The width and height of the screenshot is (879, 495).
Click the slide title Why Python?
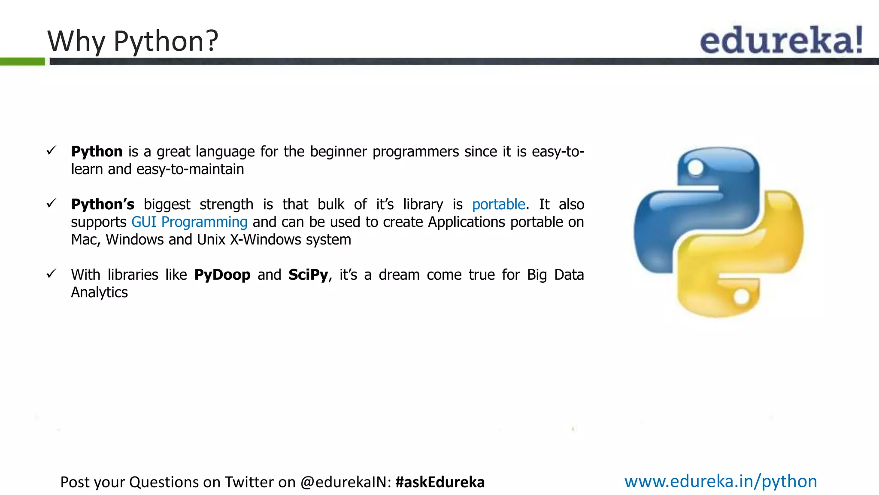pos(133,41)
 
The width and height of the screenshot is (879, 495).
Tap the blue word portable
pos(498,205)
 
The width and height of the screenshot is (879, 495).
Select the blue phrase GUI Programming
pos(189,222)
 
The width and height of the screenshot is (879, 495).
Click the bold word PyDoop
pos(222,275)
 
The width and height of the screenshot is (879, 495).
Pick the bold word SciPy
pos(308,275)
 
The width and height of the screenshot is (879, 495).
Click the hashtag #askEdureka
pos(440,482)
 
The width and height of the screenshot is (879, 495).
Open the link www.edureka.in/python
pos(720,481)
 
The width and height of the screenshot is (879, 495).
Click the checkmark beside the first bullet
pos(52,150)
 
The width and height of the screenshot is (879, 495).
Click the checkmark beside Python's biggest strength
pos(52,203)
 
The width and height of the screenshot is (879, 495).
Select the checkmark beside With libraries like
pos(52,274)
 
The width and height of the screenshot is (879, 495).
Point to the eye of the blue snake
pos(695,168)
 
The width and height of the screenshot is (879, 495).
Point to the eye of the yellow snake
pos(741,296)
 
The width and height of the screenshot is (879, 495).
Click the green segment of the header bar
pos(22,62)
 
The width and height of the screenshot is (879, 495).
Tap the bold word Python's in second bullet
pos(103,205)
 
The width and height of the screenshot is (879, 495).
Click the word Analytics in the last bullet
pos(99,293)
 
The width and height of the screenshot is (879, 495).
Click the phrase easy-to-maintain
pos(190,170)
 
